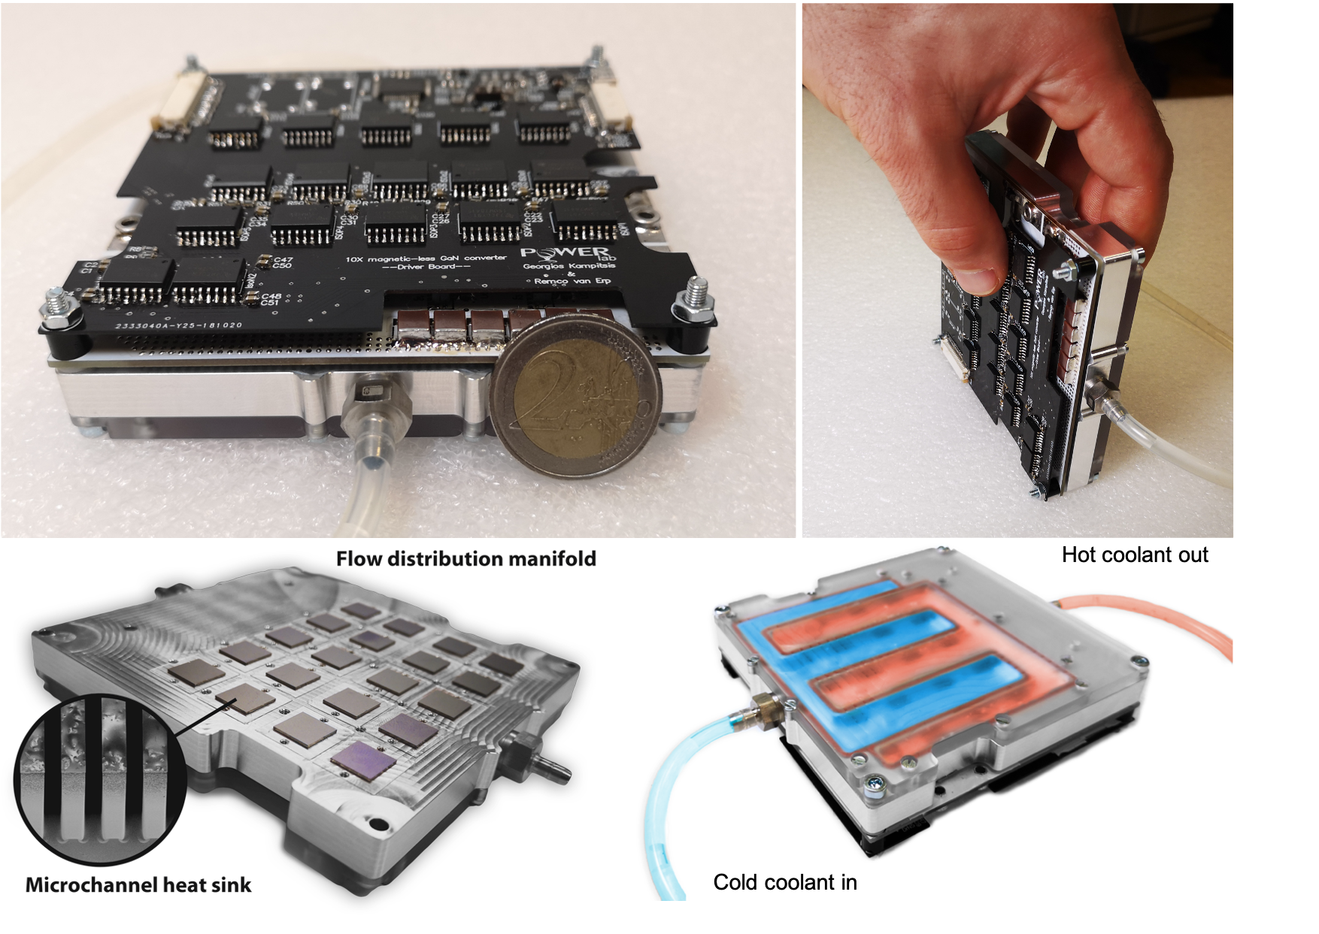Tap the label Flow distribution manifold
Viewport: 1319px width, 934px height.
(x=465, y=559)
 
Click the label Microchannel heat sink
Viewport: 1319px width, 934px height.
(x=138, y=885)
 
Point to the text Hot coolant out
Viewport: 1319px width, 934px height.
(x=1134, y=555)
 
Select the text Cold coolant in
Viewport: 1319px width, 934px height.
(x=784, y=882)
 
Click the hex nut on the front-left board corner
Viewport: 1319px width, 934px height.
(x=60, y=310)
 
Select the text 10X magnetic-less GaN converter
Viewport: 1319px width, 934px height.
(x=426, y=258)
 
